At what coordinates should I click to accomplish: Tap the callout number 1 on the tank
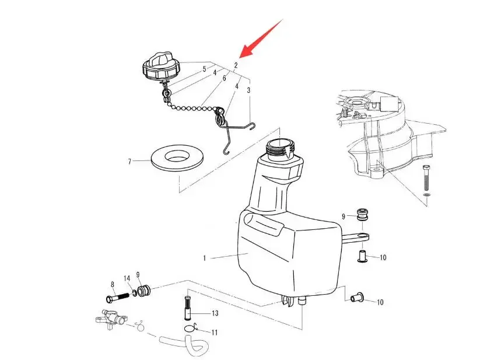[205, 257]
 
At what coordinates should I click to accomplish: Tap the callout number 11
[215, 333]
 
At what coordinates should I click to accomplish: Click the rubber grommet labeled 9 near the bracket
[364, 213]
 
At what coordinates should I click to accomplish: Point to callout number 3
[249, 90]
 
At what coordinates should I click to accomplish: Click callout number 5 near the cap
[204, 69]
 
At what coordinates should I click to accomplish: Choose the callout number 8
[113, 284]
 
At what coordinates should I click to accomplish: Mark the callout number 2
[236, 65]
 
